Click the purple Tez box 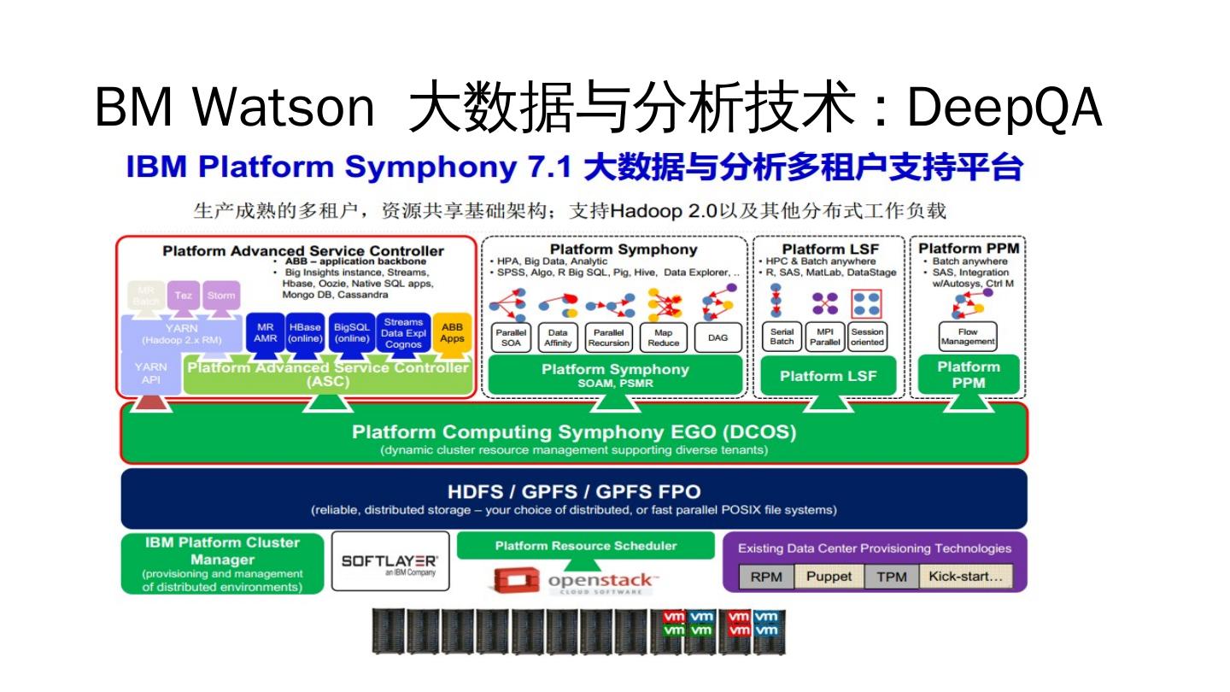[x=183, y=296]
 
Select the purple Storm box [x=221, y=296]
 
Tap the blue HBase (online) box [x=305, y=332]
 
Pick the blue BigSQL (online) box [x=351, y=332]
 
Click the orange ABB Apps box [x=452, y=332]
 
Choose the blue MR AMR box [x=265, y=332]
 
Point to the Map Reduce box [x=663, y=337]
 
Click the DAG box [x=717, y=337]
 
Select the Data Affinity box [x=558, y=337]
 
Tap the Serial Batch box [x=782, y=337]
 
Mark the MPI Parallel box [x=825, y=337]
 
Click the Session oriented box [x=867, y=337]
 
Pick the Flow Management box [x=968, y=337]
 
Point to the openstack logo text [x=600, y=581]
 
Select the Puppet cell [x=829, y=577]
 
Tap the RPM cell [x=766, y=577]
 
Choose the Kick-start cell [x=965, y=577]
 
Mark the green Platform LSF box [x=828, y=376]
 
